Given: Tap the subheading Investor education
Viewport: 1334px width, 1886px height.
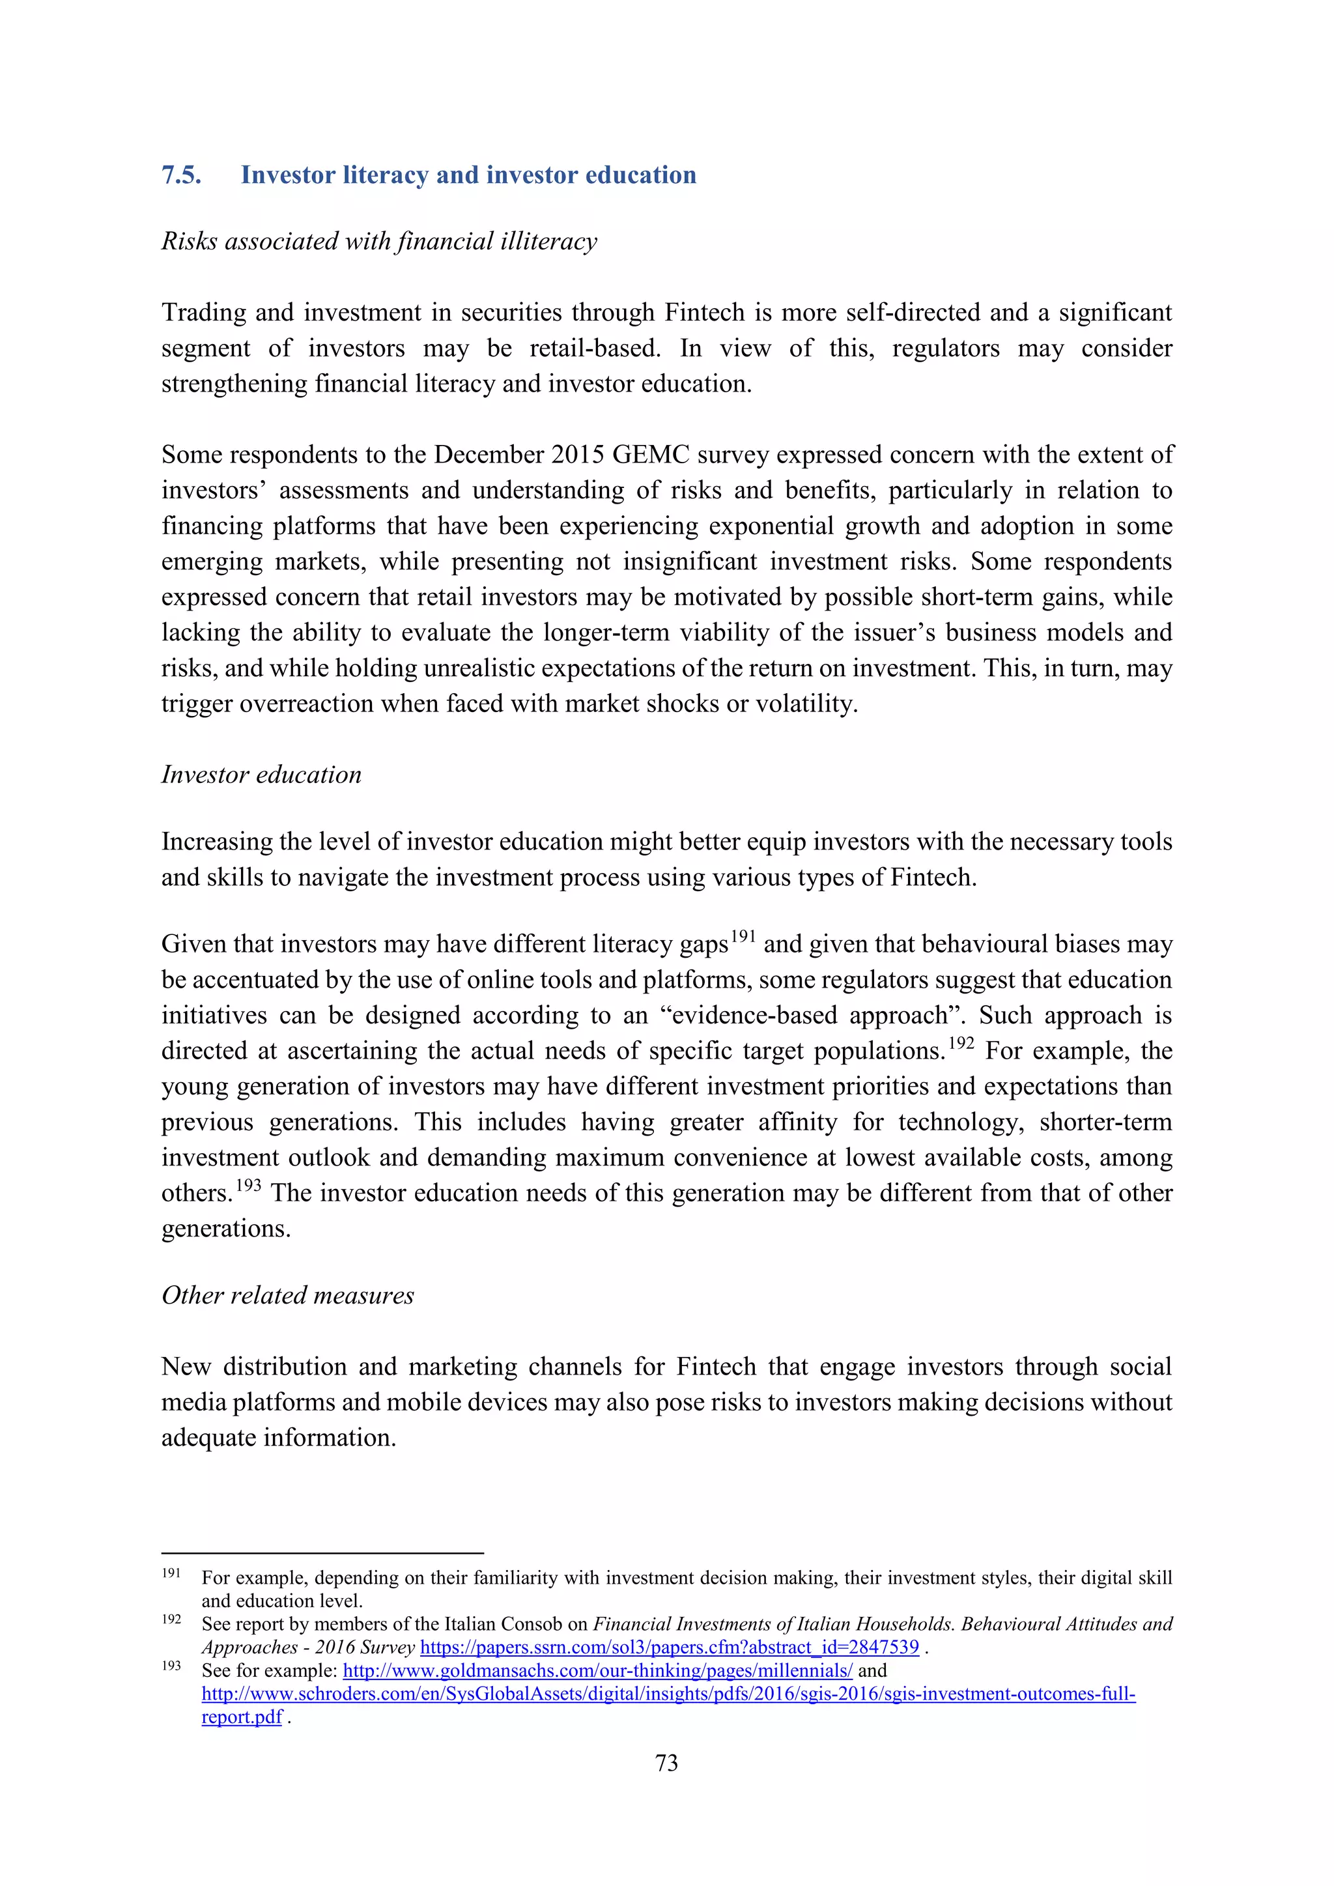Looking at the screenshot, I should [x=261, y=774].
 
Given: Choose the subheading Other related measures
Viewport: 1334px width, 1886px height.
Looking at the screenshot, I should [x=287, y=1294].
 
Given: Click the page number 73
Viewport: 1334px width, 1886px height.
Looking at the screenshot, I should [x=666, y=1763].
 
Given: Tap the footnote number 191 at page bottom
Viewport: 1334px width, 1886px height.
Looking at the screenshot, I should [x=171, y=1572].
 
